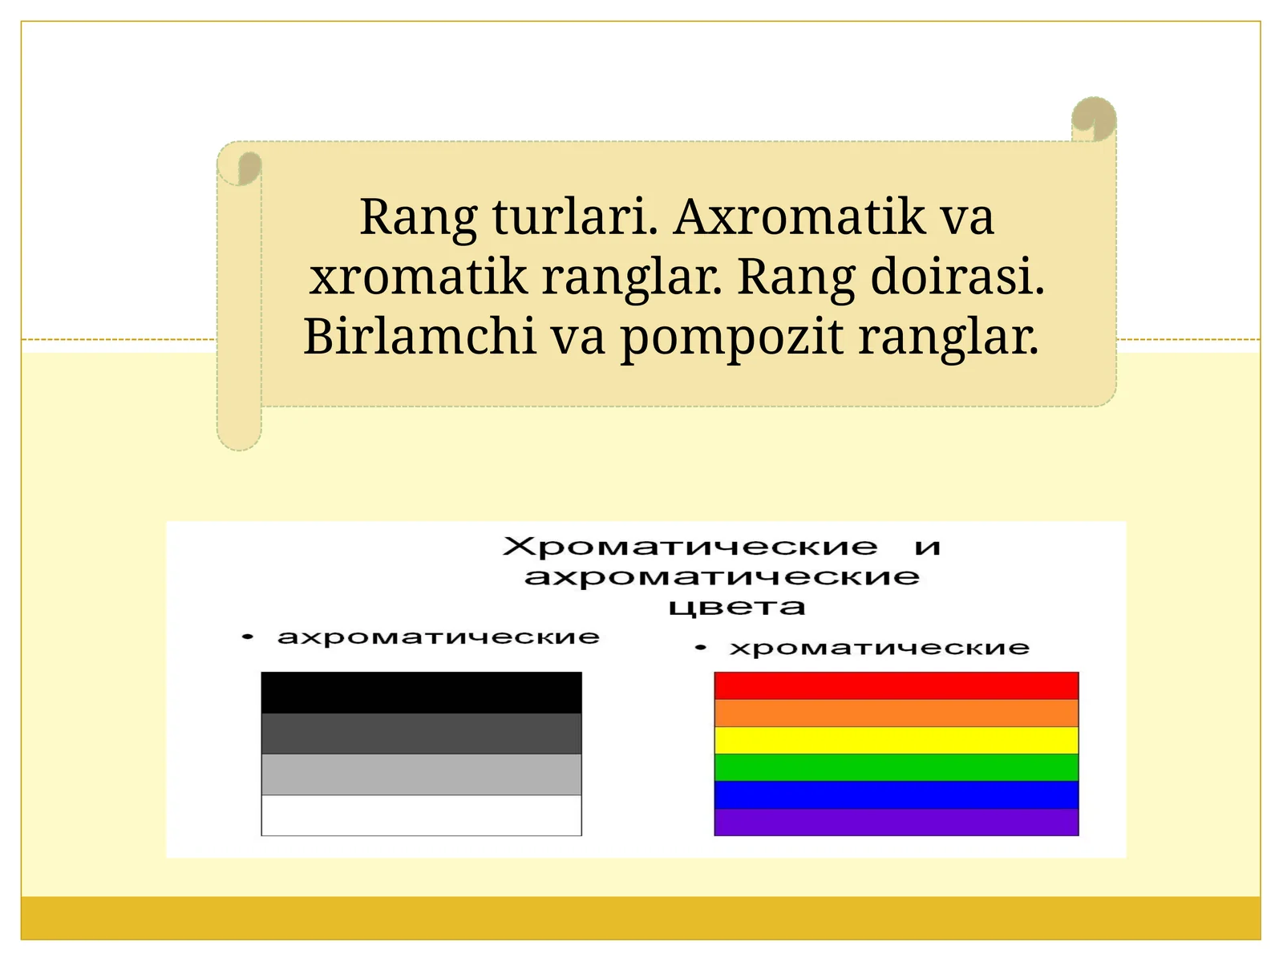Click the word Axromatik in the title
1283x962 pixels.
(799, 216)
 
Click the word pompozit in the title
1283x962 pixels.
(731, 338)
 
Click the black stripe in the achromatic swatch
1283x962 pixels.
(421, 693)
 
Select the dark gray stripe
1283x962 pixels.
(421, 734)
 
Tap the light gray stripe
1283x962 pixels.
(421, 774)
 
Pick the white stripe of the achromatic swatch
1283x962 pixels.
(421, 815)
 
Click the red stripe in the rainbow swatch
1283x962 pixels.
(896, 686)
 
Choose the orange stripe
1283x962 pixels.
(896, 713)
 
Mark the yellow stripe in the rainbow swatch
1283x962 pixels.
(896, 740)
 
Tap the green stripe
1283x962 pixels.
(896, 767)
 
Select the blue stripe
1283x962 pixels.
(896, 794)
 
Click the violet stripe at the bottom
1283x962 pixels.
(896, 822)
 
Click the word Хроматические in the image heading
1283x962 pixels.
(690, 547)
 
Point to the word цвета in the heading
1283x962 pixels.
(736, 607)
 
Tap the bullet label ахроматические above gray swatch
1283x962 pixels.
(438, 637)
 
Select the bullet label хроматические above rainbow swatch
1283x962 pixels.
(879, 648)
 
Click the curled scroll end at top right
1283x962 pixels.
(1094, 119)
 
